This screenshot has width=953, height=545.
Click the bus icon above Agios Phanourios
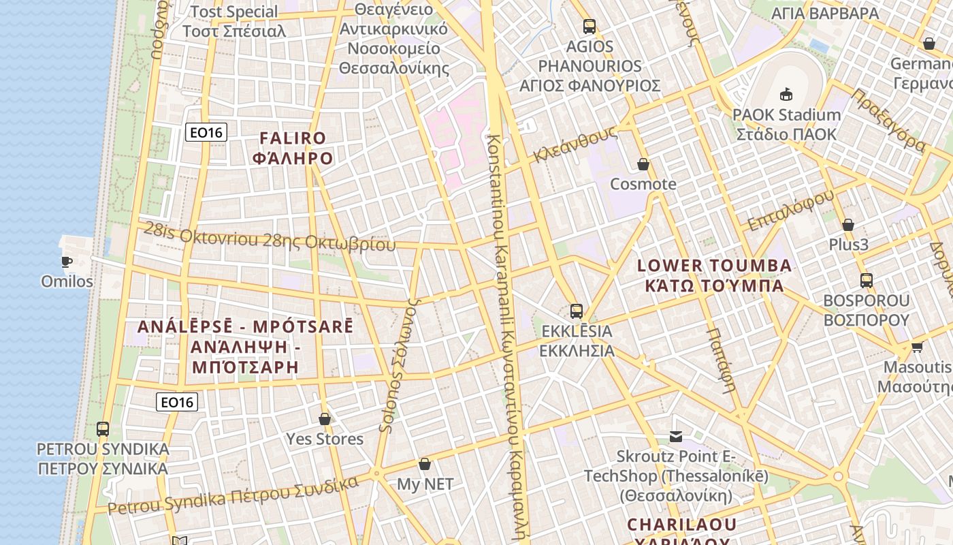coord(589,27)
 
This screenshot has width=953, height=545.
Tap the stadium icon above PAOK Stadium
coord(786,94)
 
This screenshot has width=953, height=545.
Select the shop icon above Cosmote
coord(643,164)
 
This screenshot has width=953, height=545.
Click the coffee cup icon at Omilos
coord(67,262)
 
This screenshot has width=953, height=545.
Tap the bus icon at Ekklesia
coord(577,311)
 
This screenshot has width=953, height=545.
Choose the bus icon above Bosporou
coord(867,280)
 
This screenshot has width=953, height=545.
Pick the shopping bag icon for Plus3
coord(848,225)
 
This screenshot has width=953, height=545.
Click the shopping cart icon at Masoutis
coord(917,347)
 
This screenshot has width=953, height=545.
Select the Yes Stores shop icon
coord(325,419)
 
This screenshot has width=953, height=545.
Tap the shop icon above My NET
coord(425,464)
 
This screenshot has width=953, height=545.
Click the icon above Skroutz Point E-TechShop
coord(676,436)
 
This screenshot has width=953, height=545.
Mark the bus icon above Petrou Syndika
coord(103,429)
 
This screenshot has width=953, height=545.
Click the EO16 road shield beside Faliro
coord(206,132)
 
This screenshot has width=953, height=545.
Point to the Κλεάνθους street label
coord(575,144)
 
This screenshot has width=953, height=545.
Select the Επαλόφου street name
coord(790,211)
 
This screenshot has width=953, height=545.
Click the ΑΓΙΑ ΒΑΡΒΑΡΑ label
coord(824,14)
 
